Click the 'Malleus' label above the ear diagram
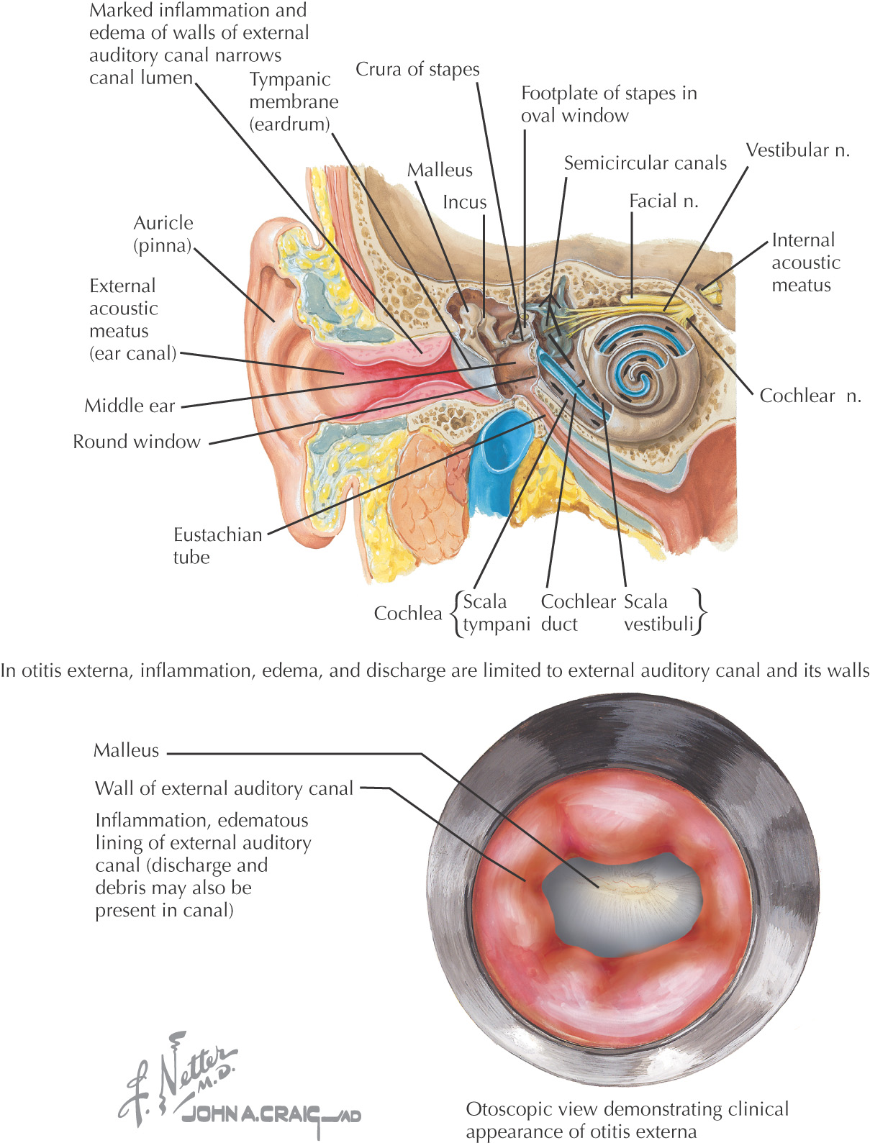tap(440, 170)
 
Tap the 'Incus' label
tap(464, 202)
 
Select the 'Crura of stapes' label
tap(417, 70)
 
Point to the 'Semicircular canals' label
tap(645, 163)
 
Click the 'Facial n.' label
tap(663, 201)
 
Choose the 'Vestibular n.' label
tap(797, 150)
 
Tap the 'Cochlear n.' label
tap(810, 396)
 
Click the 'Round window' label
tap(137, 442)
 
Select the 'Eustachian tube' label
tap(217, 545)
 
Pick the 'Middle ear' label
tap(130, 406)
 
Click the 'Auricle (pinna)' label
tap(163, 234)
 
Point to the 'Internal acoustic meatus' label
tap(805, 263)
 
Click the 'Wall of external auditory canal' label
tap(224, 788)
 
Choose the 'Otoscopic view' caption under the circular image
tap(627, 1120)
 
